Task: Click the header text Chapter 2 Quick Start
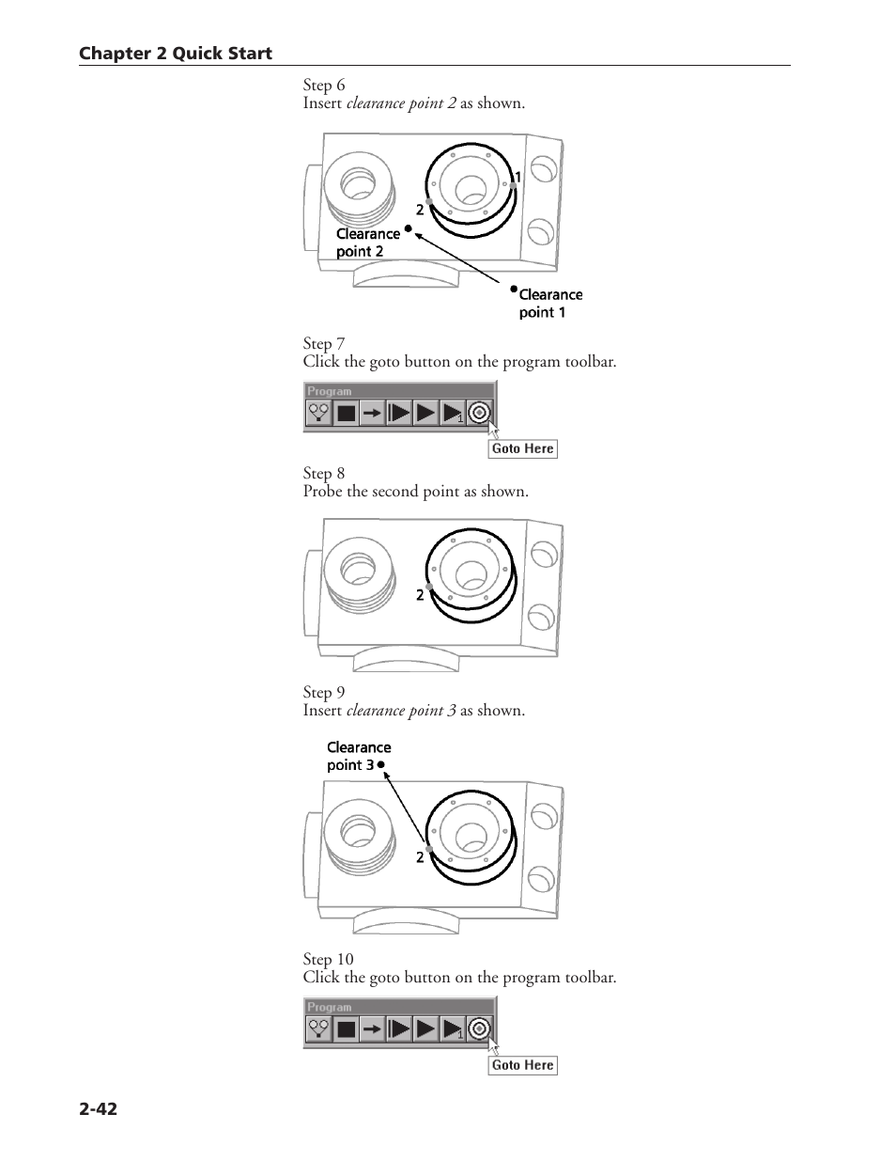tap(175, 54)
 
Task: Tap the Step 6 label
tap(324, 85)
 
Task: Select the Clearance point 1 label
tap(549, 303)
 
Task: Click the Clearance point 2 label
tap(364, 243)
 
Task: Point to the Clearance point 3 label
tap(357, 756)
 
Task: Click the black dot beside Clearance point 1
tap(514, 289)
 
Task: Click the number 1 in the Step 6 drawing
tap(517, 177)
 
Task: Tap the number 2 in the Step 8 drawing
tap(420, 595)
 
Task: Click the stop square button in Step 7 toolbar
tap(347, 413)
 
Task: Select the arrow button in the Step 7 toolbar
tap(373, 413)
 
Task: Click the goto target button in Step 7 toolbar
tap(479, 412)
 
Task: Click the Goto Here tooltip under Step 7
tap(522, 448)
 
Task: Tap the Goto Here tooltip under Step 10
tap(522, 1065)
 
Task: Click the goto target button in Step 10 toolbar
tap(479, 1028)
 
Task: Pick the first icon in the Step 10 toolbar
tap(318, 1029)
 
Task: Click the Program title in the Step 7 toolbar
tap(330, 391)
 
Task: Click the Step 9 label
tap(324, 693)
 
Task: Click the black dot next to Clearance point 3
tap(381, 765)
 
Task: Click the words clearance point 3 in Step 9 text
tap(401, 711)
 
